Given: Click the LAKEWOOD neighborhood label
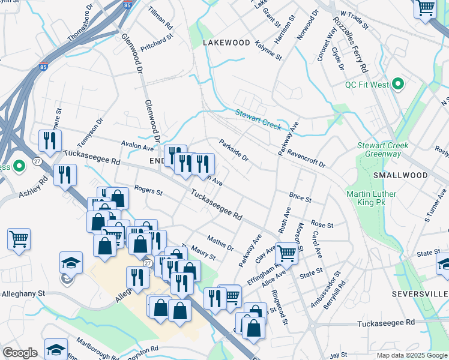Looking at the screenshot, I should click(226, 43).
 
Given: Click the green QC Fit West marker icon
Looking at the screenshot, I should click(397, 85).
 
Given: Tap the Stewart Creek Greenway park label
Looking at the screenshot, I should click(382, 150).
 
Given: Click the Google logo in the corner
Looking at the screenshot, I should click(19, 353).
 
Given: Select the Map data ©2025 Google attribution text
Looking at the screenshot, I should click(411, 355).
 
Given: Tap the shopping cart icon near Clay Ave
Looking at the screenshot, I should click(287, 253).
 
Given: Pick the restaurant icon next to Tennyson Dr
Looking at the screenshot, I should click(50, 140).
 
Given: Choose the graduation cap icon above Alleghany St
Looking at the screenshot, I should click(70, 262).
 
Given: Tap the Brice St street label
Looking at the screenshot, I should click(300, 198).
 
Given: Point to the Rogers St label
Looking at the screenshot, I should click(148, 191).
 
